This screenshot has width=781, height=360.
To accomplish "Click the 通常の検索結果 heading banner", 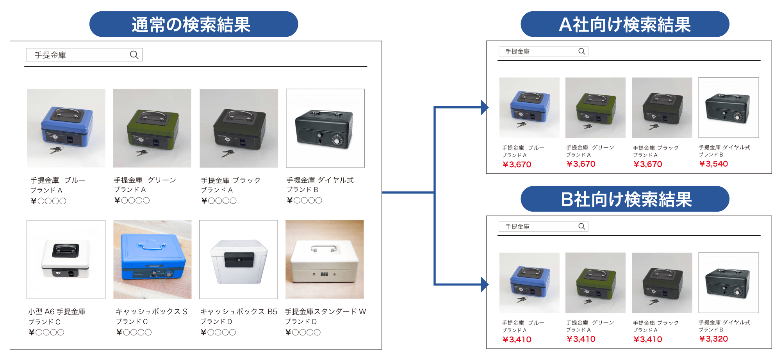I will [x=193, y=24].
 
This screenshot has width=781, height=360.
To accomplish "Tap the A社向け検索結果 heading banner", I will [x=624, y=24].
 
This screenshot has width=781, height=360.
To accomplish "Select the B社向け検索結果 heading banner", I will [x=624, y=199].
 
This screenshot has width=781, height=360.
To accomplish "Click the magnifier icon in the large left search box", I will [x=134, y=55].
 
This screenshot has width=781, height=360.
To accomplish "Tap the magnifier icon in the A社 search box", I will [x=581, y=51].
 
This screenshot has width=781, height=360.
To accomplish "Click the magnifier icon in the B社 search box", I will [x=581, y=226].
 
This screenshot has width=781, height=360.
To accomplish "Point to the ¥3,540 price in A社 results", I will [x=713, y=164].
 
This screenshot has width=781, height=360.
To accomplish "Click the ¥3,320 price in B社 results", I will [x=713, y=339].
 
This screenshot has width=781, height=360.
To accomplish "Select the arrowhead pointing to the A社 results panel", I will [x=485, y=107].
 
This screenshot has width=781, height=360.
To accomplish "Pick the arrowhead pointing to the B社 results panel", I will [x=485, y=284].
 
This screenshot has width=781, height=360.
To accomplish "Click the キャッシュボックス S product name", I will [x=152, y=312].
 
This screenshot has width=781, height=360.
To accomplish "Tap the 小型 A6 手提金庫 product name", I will [x=57, y=312].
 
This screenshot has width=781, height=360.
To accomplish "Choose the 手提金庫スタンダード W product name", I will [x=325, y=312].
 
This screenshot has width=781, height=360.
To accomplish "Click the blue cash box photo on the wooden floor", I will [x=152, y=259].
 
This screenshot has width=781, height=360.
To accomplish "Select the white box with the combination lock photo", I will [x=325, y=259].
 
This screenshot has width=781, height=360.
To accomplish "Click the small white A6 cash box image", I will [x=66, y=259].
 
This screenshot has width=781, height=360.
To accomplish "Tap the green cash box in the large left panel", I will [x=152, y=128].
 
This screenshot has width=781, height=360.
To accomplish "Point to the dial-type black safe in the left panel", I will [x=325, y=128].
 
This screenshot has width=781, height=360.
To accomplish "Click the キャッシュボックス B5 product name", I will [x=239, y=312].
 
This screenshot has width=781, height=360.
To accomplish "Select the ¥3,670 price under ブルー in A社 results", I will [x=517, y=164].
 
